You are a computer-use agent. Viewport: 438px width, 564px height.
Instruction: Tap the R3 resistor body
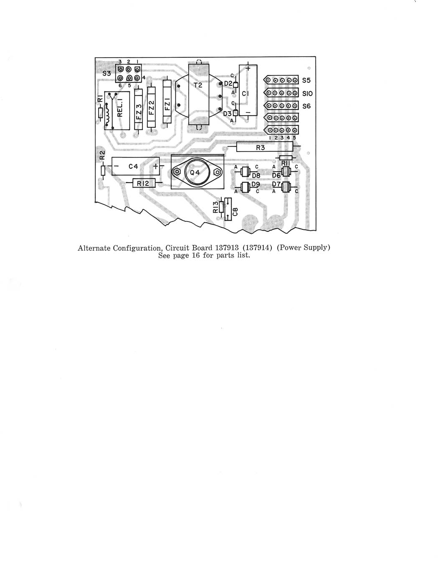(264, 147)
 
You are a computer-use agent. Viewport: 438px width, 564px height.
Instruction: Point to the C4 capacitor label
(133, 166)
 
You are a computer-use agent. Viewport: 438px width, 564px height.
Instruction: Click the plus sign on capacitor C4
(156, 166)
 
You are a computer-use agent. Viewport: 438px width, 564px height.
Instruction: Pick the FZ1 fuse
(167, 101)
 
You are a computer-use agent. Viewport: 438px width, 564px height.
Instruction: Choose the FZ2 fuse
(151, 107)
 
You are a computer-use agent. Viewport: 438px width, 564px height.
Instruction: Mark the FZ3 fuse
(139, 109)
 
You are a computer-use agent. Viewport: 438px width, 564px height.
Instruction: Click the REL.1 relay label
(121, 110)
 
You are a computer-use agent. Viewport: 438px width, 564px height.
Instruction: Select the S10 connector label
(308, 94)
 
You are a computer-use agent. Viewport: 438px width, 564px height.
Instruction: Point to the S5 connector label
(306, 81)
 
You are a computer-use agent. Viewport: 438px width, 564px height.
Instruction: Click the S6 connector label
(306, 106)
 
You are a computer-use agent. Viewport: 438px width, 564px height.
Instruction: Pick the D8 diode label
(256, 176)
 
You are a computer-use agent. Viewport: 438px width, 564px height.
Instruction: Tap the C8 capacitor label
(235, 211)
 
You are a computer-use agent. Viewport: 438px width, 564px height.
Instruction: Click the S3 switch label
(106, 74)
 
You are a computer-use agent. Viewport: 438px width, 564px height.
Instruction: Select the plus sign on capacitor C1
(248, 68)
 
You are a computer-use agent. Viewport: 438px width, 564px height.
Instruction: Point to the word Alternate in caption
(94, 248)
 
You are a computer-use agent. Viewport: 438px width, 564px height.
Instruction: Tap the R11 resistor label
(285, 163)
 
